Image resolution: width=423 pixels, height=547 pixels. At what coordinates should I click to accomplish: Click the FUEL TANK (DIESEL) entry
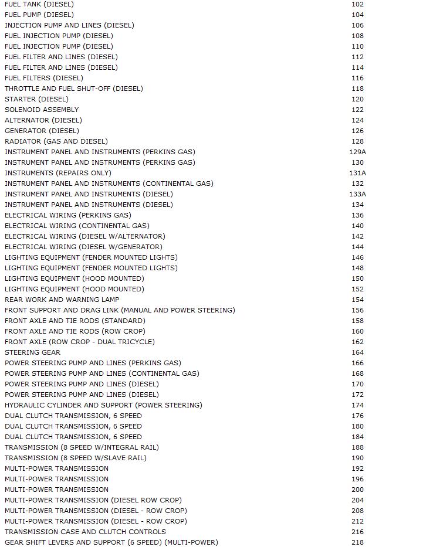click(x=39, y=4)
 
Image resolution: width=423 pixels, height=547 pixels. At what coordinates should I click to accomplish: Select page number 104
click(x=357, y=15)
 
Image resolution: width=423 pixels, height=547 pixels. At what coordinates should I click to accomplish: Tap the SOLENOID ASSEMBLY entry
click(x=42, y=110)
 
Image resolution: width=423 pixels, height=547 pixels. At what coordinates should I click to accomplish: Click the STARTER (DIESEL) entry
click(x=36, y=99)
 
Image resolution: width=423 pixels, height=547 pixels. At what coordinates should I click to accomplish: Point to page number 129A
click(x=357, y=152)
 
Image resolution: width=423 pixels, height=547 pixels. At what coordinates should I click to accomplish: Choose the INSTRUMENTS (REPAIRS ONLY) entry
click(x=58, y=173)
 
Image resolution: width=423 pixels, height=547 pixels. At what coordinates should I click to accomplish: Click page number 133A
click(x=357, y=194)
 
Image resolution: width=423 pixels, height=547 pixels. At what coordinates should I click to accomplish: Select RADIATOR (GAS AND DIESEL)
click(x=56, y=141)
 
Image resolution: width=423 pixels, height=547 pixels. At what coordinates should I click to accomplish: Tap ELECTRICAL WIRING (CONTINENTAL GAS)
click(x=77, y=226)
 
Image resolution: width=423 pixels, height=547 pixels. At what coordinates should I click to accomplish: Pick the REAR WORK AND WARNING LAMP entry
click(x=62, y=300)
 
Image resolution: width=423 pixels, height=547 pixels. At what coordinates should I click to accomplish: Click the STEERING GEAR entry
click(x=32, y=352)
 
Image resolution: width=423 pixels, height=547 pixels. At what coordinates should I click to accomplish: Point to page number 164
click(x=357, y=352)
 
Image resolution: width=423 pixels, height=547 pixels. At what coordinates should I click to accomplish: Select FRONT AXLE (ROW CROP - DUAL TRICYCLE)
click(x=80, y=342)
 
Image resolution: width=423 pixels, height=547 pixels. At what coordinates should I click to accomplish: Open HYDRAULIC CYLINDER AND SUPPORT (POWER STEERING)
click(x=103, y=405)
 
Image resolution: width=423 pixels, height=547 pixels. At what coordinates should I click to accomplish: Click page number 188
click(x=357, y=447)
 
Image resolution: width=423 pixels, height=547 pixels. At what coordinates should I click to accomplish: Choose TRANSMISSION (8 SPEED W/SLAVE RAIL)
click(x=76, y=458)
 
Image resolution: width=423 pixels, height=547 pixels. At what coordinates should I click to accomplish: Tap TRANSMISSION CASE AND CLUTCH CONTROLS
click(x=85, y=532)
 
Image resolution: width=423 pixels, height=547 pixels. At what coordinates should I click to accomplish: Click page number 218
click(x=357, y=542)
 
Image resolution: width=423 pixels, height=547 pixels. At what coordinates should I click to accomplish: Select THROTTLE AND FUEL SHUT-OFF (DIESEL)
click(x=74, y=89)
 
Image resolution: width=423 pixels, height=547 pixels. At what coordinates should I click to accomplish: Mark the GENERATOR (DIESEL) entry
click(x=42, y=131)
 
